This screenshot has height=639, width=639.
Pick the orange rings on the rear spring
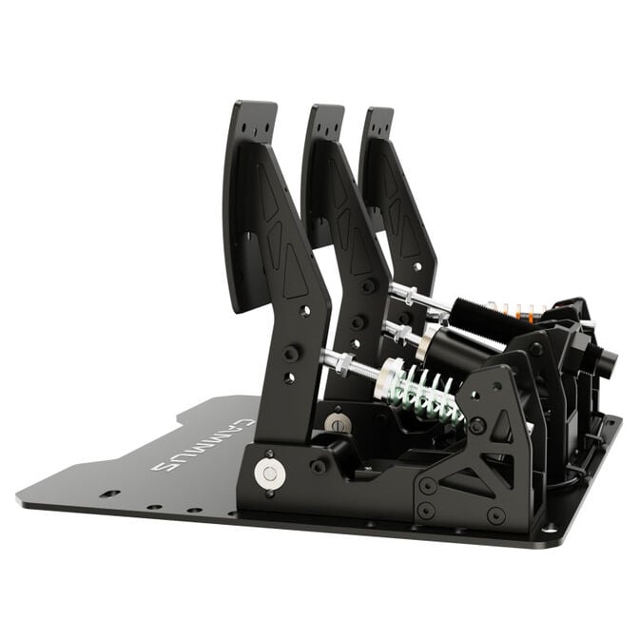click(x=523, y=310)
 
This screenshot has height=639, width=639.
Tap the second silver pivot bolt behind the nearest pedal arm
click(x=335, y=421)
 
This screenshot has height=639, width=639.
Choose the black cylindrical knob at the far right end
click(x=605, y=360)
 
